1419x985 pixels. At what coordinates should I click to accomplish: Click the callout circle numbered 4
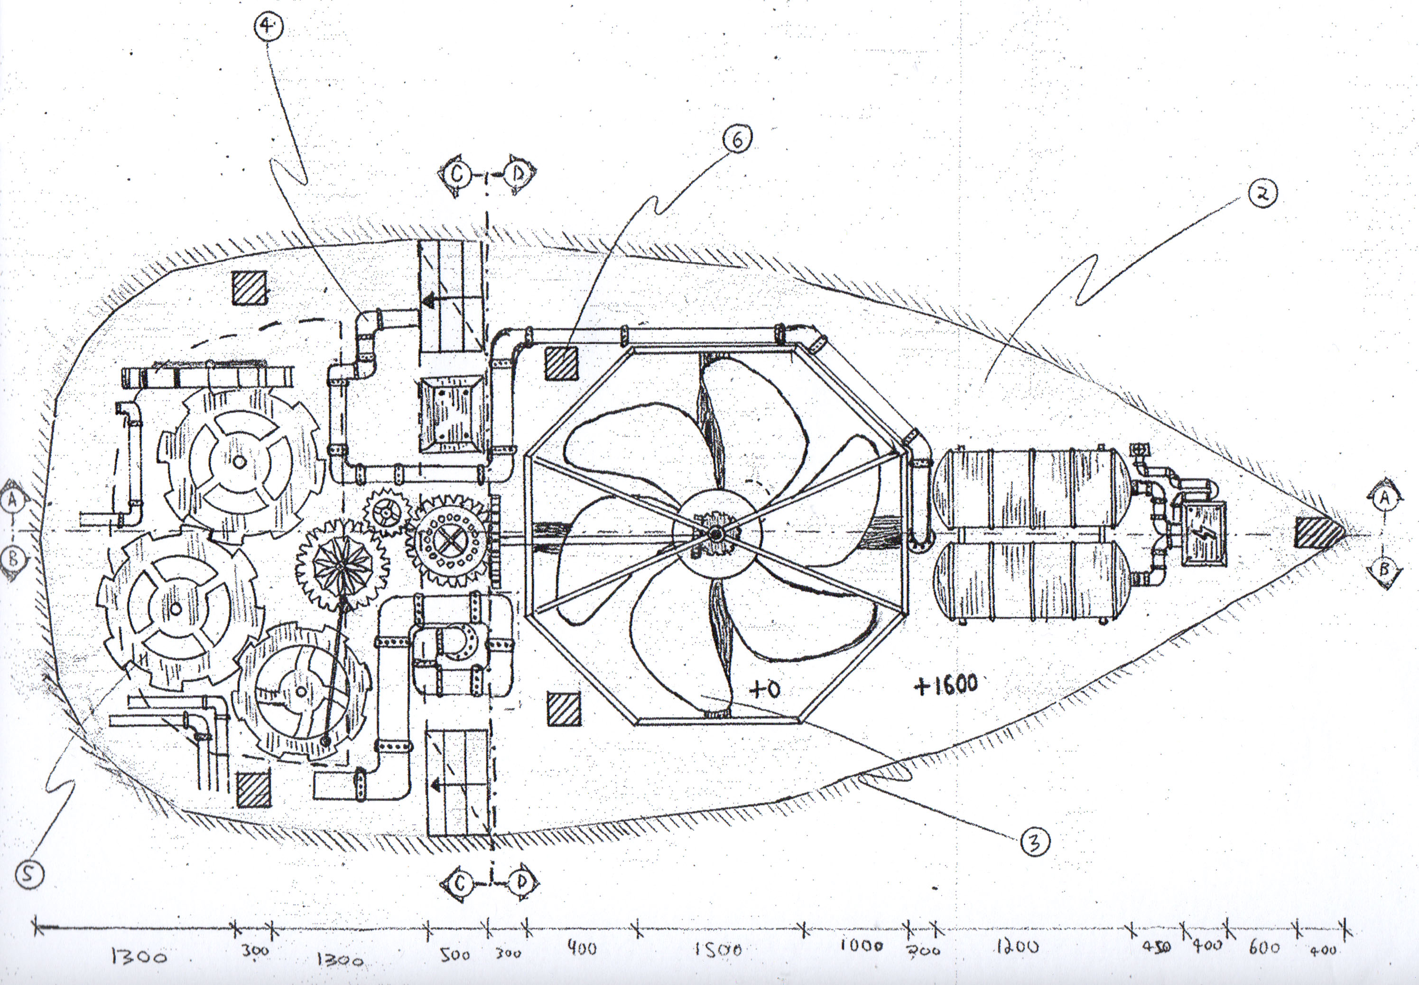point(268,27)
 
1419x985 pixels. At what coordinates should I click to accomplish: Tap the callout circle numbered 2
point(1262,194)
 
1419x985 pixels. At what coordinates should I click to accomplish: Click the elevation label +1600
point(946,685)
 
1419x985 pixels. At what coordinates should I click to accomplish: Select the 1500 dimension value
point(717,950)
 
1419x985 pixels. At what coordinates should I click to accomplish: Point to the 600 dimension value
point(1264,947)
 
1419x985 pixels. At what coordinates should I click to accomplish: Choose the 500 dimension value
point(455,954)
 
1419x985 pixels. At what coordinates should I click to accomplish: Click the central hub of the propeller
point(715,534)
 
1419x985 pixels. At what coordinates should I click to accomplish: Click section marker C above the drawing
point(457,175)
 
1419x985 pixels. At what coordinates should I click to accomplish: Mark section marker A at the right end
point(1384,497)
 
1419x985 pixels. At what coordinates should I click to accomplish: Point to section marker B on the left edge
point(14,560)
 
